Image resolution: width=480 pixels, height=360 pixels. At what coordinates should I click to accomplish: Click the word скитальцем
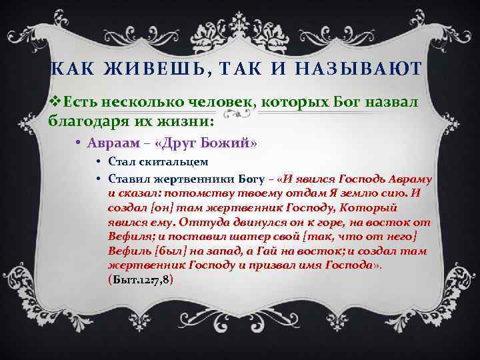[x=173, y=161]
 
